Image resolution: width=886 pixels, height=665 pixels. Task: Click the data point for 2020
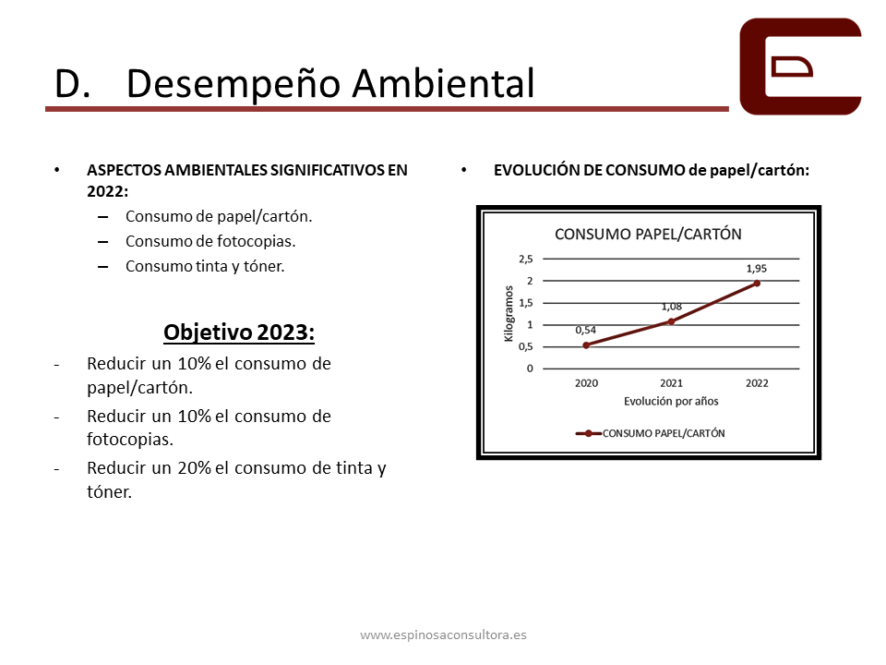pyautogui.click(x=586, y=345)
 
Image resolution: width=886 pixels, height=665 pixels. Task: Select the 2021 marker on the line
pyautogui.click(x=671, y=321)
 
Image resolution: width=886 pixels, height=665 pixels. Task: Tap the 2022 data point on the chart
pyautogui.click(x=757, y=284)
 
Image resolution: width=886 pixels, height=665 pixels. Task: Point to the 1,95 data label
pyautogui.click(x=757, y=269)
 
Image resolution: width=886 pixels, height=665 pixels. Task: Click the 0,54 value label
pyautogui.click(x=585, y=330)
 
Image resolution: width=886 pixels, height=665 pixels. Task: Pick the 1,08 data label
pyautogui.click(x=671, y=307)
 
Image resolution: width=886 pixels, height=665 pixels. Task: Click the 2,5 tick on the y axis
pyautogui.click(x=525, y=259)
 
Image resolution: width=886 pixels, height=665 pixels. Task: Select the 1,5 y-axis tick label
pyautogui.click(x=525, y=303)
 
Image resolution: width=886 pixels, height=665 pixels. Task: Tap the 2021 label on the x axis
pyautogui.click(x=671, y=383)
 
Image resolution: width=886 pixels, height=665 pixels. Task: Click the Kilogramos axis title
pyautogui.click(x=509, y=313)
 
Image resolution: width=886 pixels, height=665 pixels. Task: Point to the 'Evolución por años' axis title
pyautogui.click(x=671, y=402)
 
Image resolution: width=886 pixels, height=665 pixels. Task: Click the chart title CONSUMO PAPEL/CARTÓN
pyautogui.click(x=648, y=234)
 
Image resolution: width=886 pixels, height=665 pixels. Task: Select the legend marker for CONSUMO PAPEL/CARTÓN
pyautogui.click(x=588, y=434)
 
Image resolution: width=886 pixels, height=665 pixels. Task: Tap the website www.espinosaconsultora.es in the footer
pyautogui.click(x=444, y=635)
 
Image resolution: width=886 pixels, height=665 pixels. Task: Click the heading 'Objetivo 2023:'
pyautogui.click(x=239, y=332)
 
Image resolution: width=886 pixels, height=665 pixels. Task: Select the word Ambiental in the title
pyautogui.click(x=444, y=83)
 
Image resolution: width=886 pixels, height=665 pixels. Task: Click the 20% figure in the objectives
pyautogui.click(x=195, y=468)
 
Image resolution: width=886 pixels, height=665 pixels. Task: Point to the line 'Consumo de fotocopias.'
pyautogui.click(x=210, y=241)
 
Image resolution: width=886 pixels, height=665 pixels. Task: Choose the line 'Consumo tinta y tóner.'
pyautogui.click(x=205, y=266)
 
